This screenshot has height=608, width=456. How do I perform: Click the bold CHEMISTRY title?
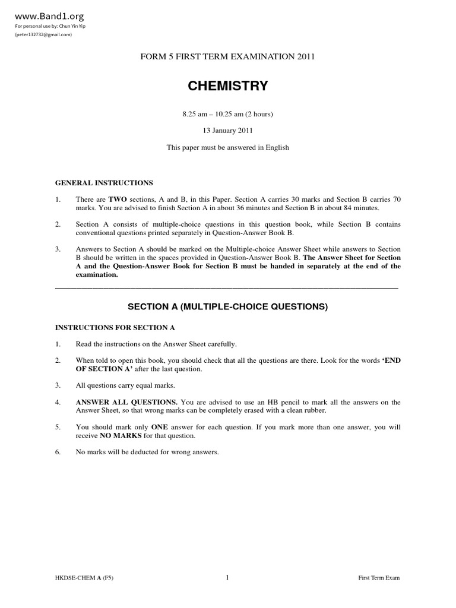tap(228, 86)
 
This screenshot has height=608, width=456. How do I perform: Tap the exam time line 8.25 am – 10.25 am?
tap(228, 113)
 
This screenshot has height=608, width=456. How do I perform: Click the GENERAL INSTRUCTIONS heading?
tap(104, 183)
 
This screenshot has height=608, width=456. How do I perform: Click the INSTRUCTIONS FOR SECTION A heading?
tap(115, 327)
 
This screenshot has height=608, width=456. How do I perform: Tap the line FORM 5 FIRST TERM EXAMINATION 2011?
tap(228, 57)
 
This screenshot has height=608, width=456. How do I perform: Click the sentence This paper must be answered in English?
tap(228, 147)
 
